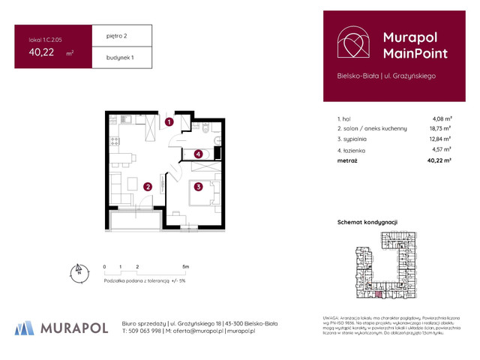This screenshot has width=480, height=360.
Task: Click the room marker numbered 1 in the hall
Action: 169,121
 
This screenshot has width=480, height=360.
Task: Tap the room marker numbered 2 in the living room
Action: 148,187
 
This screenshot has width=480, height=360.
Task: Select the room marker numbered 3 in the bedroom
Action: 198,187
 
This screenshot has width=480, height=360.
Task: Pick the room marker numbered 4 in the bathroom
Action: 198,154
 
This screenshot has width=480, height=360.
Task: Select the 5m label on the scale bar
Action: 185,266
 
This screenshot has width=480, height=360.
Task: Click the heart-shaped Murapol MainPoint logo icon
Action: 352,43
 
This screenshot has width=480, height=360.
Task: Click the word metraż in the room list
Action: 347,160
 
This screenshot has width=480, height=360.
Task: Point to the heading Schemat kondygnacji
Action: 368,223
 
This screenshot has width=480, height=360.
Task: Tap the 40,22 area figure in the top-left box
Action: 42,52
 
